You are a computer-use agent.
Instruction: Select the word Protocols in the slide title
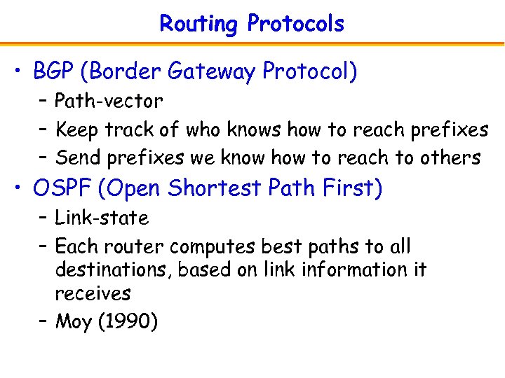(x=295, y=24)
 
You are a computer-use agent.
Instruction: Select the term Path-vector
(x=109, y=101)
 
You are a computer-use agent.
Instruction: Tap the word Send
(x=78, y=158)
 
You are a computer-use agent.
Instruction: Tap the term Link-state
(x=102, y=218)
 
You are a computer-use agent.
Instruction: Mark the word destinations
(x=113, y=270)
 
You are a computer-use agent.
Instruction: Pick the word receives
(x=93, y=293)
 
